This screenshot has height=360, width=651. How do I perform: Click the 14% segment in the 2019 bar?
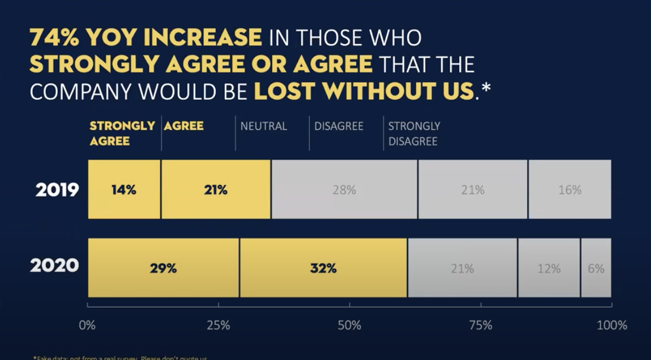point(124,190)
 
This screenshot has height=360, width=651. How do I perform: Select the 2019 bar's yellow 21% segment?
point(216,190)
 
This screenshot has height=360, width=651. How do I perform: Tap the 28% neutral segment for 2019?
point(344,190)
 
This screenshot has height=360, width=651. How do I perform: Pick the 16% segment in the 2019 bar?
point(570,190)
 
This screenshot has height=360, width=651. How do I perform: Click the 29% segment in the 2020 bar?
point(164,268)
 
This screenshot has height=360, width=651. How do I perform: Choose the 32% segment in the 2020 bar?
point(323,268)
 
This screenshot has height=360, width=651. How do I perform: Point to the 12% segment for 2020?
point(548,268)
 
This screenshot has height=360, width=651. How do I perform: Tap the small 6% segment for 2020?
point(596,268)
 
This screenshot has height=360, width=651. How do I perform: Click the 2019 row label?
point(57,190)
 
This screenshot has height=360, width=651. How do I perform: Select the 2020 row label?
point(55,266)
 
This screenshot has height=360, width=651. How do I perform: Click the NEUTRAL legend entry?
point(263,126)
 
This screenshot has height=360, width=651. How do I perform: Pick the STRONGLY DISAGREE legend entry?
point(414,134)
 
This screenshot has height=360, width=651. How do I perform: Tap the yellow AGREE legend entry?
point(184,126)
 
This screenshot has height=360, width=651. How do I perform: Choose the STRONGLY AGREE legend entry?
point(122,134)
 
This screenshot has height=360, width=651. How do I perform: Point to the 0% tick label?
point(87,326)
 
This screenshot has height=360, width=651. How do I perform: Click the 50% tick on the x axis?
point(349,326)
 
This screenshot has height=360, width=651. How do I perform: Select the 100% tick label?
point(612,326)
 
